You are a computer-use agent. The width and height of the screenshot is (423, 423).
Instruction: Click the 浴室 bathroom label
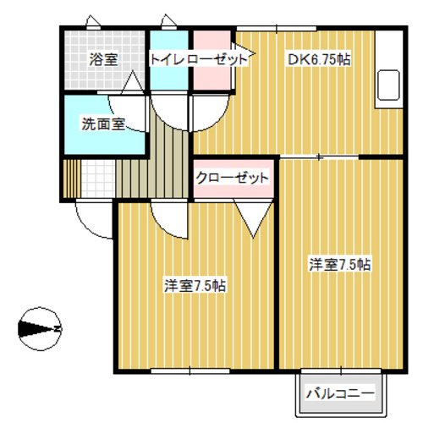[103, 59]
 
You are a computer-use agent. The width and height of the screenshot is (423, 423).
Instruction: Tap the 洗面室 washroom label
[102, 124]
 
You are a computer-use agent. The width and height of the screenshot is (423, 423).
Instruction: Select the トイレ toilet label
[165, 59]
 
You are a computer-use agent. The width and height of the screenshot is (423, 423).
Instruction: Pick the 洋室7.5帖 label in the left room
[195, 286]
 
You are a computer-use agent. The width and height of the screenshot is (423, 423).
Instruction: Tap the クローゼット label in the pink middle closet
[232, 178]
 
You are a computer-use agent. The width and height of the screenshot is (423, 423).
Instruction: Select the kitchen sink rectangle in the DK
[389, 85]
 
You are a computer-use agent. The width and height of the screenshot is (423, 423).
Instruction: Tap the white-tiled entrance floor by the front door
[96, 178]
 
